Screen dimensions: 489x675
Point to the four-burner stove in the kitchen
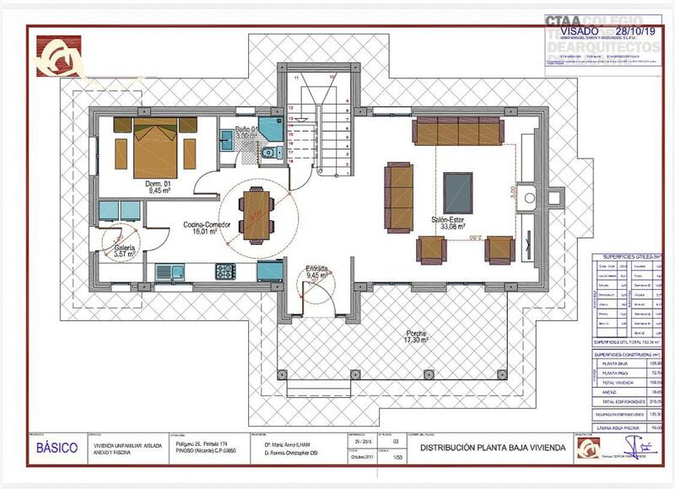pyautogui.click(x=225, y=271)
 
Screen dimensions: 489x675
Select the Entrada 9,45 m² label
pyautogui.click(x=317, y=271)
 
